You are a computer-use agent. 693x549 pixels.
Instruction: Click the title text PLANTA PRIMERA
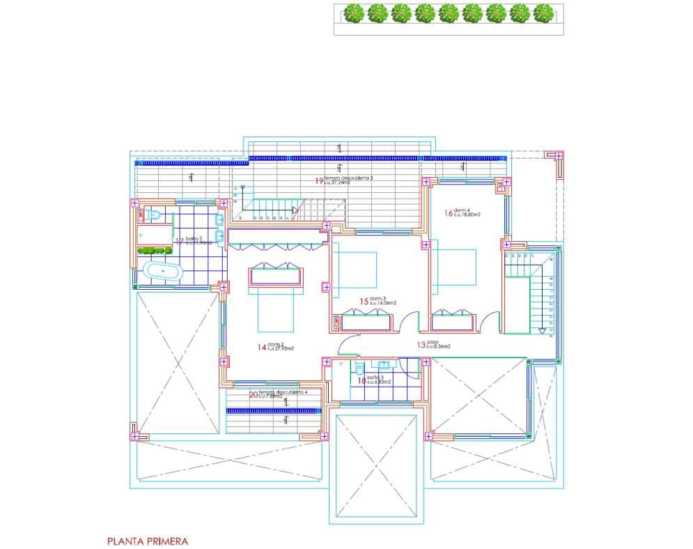click(x=148, y=541)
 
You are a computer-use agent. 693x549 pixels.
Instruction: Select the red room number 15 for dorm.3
click(x=364, y=302)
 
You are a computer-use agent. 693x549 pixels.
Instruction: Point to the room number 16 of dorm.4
click(x=449, y=213)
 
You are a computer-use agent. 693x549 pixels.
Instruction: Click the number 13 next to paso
click(x=421, y=344)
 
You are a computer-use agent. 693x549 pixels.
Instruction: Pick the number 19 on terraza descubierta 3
click(x=318, y=180)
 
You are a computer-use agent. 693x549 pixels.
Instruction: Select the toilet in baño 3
click(x=357, y=368)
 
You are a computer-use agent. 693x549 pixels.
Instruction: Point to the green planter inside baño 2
click(x=155, y=250)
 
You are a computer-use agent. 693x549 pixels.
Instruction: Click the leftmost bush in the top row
click(x=354, y=13)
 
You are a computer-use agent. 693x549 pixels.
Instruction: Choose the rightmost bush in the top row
click(x=543, y=13)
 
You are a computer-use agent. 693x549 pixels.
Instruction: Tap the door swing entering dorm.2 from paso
click(x=346, y=345)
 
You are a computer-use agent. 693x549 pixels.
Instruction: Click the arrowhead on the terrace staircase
click(x=295, y=209)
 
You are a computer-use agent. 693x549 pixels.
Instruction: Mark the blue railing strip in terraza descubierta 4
click(x=272, y=411)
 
